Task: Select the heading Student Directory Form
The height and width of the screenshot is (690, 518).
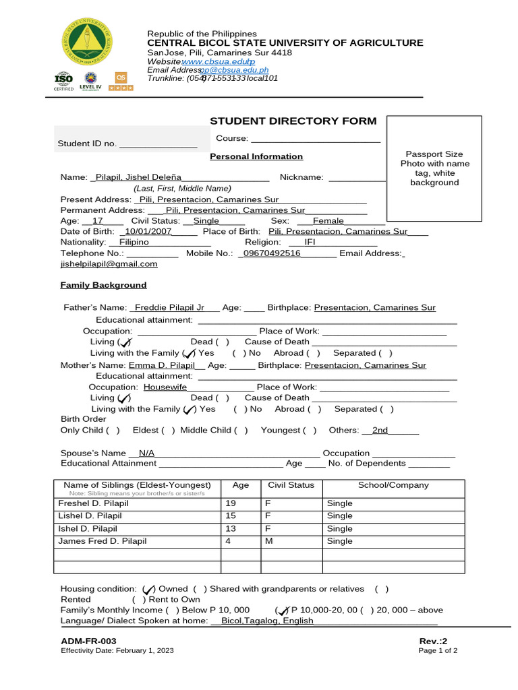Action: click(293, 121)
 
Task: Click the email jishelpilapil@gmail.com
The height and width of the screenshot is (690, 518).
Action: click(109, 264)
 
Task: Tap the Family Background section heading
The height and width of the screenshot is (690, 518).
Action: click(103, 285)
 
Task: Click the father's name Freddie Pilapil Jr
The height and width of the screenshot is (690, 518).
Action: click(169, 307)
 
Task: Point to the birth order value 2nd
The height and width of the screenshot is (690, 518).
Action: click(380, 430)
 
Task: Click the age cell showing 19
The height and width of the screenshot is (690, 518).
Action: click(231, 503)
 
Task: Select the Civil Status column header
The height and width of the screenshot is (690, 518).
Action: click(291, 485)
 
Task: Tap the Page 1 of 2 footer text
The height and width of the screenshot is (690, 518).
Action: click(438, 651)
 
